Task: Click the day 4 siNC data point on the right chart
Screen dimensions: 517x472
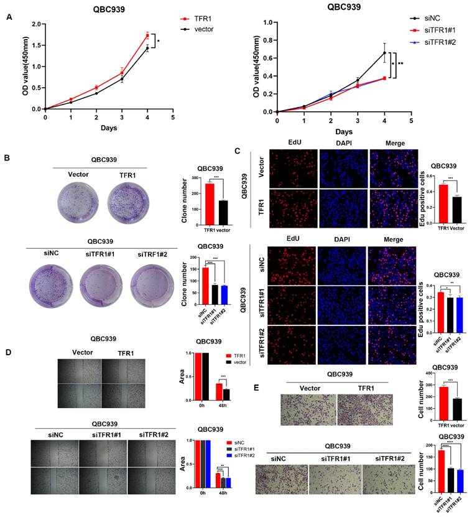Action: click(384, 52)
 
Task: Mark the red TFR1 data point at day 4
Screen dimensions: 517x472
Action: click(147, 35)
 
